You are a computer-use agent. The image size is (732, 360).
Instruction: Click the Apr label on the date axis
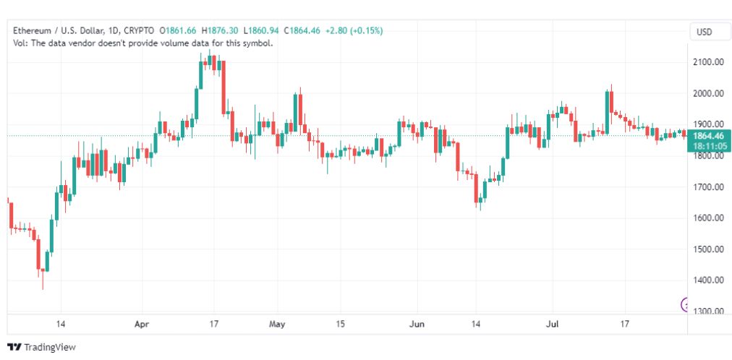click(142, 324)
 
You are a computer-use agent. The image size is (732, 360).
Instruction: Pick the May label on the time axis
click(277, 324)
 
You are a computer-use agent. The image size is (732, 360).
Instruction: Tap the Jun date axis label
click(417, 324)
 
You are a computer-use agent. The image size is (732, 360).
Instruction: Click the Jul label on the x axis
click(553, 324)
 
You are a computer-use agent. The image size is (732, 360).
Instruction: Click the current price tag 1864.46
click(709, 136)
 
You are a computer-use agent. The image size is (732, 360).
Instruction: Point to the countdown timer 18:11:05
click(709, 147)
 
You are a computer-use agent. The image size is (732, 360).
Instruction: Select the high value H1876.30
click(219, 31)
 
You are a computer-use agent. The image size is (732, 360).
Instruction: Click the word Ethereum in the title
click(31, 31)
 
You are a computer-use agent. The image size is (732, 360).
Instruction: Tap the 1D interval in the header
click(114, 31)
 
